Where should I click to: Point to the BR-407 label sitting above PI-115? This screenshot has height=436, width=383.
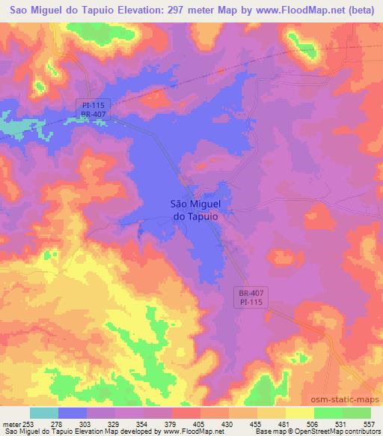(x=241, y=293)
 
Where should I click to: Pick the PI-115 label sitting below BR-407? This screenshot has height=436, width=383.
(x=241, y=302)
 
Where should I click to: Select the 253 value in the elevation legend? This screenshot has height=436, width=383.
(x=28, y=424)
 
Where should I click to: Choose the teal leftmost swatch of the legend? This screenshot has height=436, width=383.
(x=44, y=413)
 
